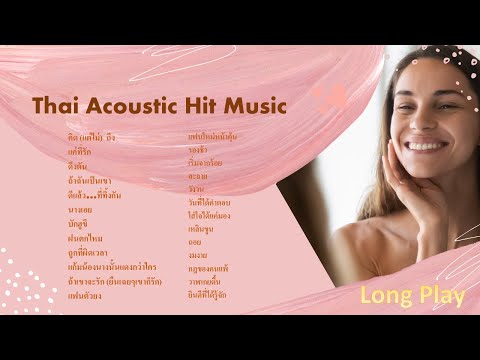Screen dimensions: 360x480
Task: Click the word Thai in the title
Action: pos(56,106)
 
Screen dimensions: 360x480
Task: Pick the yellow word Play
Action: pos(439,296)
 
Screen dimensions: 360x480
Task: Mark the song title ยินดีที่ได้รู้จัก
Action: pos(209,296)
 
